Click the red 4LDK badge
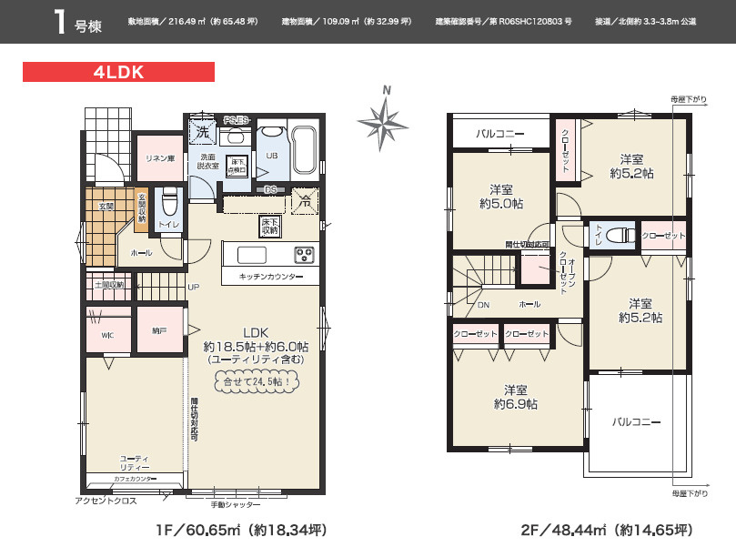[118, 72]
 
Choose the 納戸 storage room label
[159, 330]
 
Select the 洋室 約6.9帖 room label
[516, 396]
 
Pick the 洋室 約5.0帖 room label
[499, 197]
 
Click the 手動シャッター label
[235, 504]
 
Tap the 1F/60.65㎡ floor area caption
[239, 530]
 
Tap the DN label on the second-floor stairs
[483, 305]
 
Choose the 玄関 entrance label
[106, 207]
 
